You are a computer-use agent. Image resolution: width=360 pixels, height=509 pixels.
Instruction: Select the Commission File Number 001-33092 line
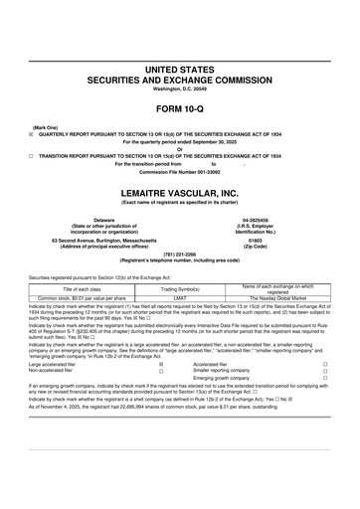pyautogui.click(x=180, y=174)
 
